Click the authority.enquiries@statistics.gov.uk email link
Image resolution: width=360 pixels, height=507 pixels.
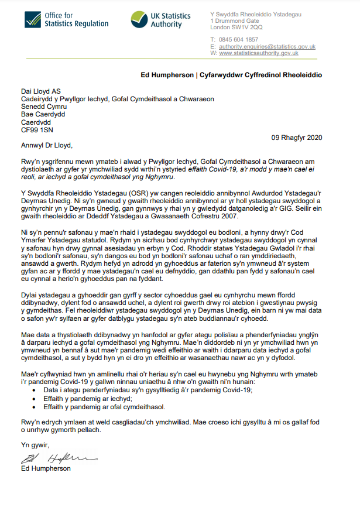coord(267,46)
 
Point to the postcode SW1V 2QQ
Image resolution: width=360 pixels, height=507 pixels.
coord(250,27)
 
